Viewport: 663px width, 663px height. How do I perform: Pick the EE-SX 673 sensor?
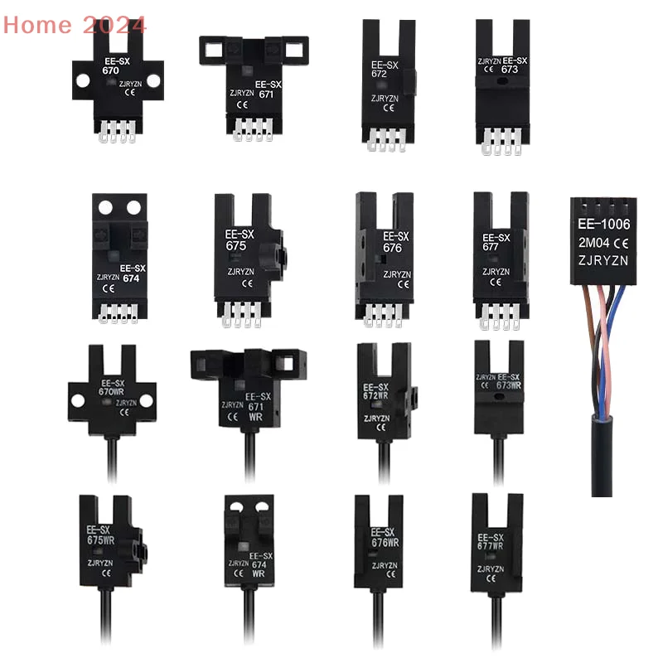pyautogui.click(x=501, y=87)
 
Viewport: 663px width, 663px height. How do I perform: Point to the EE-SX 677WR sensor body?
pyautogui.click(x=496, y=543)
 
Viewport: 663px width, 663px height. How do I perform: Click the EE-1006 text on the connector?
pyautogui.click(x=603, y=225)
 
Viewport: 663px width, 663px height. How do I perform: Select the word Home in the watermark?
pyautogui.click(x=37, y=25)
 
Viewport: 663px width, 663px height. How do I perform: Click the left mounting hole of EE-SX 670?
pyautogui.click(x=83, y=80)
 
